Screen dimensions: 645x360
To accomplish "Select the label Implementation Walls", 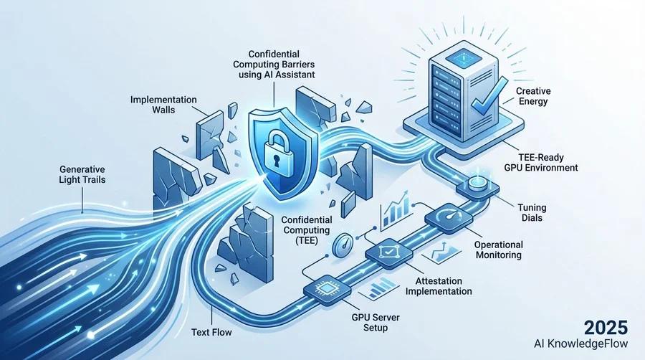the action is [163, 105].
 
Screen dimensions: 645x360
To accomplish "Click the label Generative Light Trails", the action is [82, 174].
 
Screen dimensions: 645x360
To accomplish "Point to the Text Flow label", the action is [211, 332].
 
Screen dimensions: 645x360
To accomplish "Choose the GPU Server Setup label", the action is [376, 323].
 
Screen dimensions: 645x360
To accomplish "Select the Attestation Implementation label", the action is [439, 286].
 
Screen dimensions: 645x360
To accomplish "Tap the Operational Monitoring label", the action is [499, 250].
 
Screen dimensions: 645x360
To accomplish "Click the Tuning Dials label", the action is [532, 212].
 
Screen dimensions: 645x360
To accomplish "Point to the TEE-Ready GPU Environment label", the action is [541, 162].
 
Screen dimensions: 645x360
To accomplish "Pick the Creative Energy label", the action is [533, 96].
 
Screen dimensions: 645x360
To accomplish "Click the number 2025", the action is [606, 328].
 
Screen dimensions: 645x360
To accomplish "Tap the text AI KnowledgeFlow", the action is [580, 344].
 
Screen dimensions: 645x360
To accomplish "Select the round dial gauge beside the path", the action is [343, 246].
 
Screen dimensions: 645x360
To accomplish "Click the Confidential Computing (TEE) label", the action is [307, 230].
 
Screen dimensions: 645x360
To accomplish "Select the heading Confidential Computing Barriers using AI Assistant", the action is [274, 64].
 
